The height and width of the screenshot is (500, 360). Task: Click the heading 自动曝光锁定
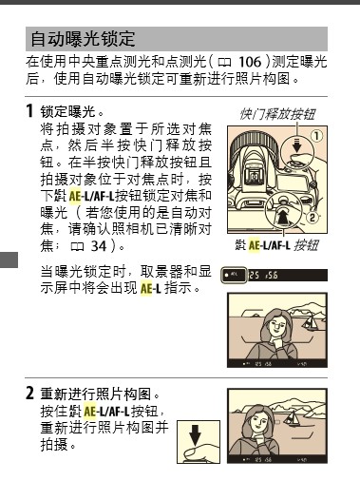click(x=83, y=39)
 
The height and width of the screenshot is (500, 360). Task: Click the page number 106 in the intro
click(x=250, y=62)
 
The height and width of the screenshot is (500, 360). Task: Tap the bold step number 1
click(x=29, y=111)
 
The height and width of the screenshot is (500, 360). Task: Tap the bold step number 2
click(x=29, y=394)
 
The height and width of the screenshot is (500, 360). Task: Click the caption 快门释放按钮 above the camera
click(x=277, y=114)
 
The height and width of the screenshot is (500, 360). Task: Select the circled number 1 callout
click(x=316, y=136)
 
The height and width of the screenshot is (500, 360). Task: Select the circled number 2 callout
click(x=313, y=218)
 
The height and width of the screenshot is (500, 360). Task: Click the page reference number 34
click(x=99, y=246)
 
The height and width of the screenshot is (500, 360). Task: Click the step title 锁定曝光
click(x=67, y=111)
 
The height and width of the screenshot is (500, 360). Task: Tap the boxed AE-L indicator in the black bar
click(x=234, y=275)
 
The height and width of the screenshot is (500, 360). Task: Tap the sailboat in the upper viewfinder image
click(x=310, y=321)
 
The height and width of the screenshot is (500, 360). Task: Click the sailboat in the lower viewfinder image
click(x=292, y=418)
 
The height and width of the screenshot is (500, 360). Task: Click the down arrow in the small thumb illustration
click(x=195, y=435)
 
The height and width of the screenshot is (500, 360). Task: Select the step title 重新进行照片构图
click(x=95, y=394)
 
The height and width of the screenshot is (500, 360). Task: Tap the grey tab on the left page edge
click(x=9, y=260)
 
